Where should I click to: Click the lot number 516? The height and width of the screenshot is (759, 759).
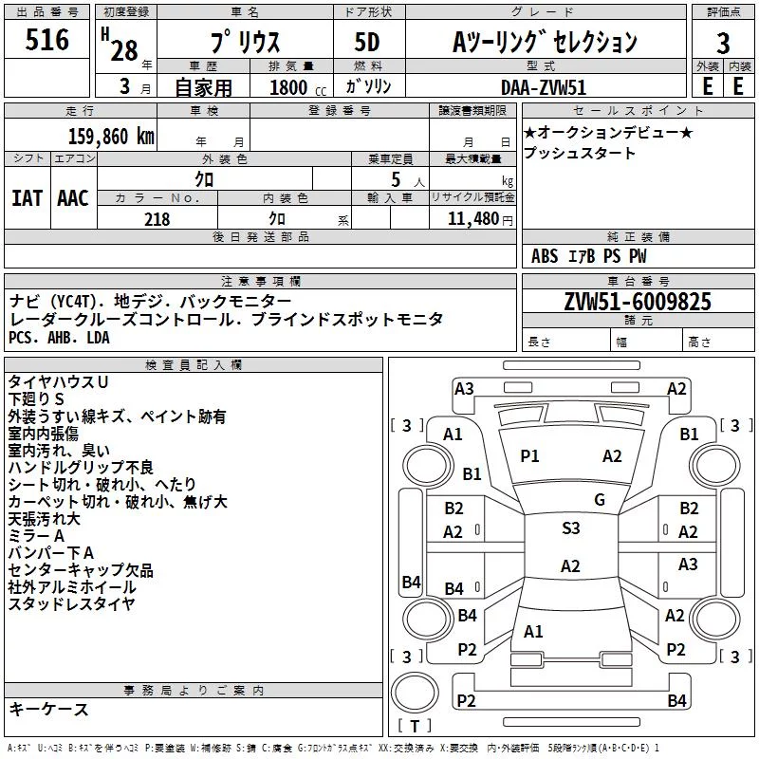[46, 39]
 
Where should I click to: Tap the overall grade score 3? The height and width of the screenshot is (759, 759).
[723, 43]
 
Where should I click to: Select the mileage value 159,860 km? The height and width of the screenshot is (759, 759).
[111, 136]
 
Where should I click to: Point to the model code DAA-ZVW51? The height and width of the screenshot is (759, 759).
[544, 87]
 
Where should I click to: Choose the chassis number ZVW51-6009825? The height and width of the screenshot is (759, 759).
[638, 302]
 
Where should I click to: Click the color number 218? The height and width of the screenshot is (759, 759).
[157, 219]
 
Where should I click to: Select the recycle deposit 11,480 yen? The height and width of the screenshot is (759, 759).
[480, 219]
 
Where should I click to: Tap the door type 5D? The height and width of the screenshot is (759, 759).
[367, 43]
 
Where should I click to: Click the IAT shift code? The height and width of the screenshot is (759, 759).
[28, 198]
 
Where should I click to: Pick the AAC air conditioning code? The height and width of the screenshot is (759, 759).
[73, 198]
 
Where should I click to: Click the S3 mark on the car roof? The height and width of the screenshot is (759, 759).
[571, 528]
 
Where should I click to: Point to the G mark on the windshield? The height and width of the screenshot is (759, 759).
[600, 499]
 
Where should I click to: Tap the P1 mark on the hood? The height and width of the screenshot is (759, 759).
[529, 456]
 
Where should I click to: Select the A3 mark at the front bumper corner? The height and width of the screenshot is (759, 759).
[464, 389]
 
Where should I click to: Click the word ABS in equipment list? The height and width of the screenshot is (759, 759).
[545, 256]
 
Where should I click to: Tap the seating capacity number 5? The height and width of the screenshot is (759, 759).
[396, 179]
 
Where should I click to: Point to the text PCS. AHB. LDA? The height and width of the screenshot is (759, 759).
[59, 338]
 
